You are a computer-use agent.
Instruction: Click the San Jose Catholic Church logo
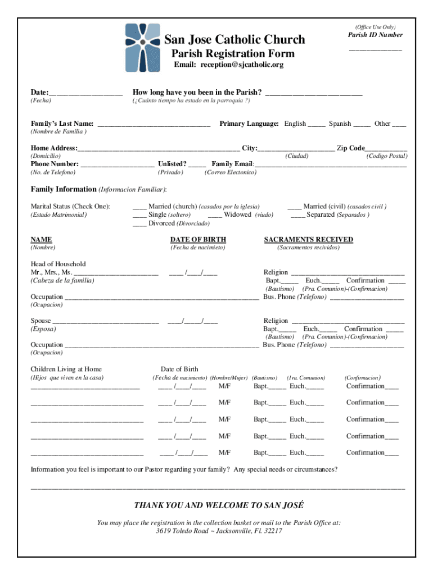(x=143, y=48)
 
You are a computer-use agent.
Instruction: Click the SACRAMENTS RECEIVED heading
(x=309, y=240)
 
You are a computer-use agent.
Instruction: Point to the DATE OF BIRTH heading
(x=198, y=240)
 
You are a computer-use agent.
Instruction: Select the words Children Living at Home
(x=66, y=369)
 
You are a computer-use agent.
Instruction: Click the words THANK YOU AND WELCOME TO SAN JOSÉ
(x=219, y=505)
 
